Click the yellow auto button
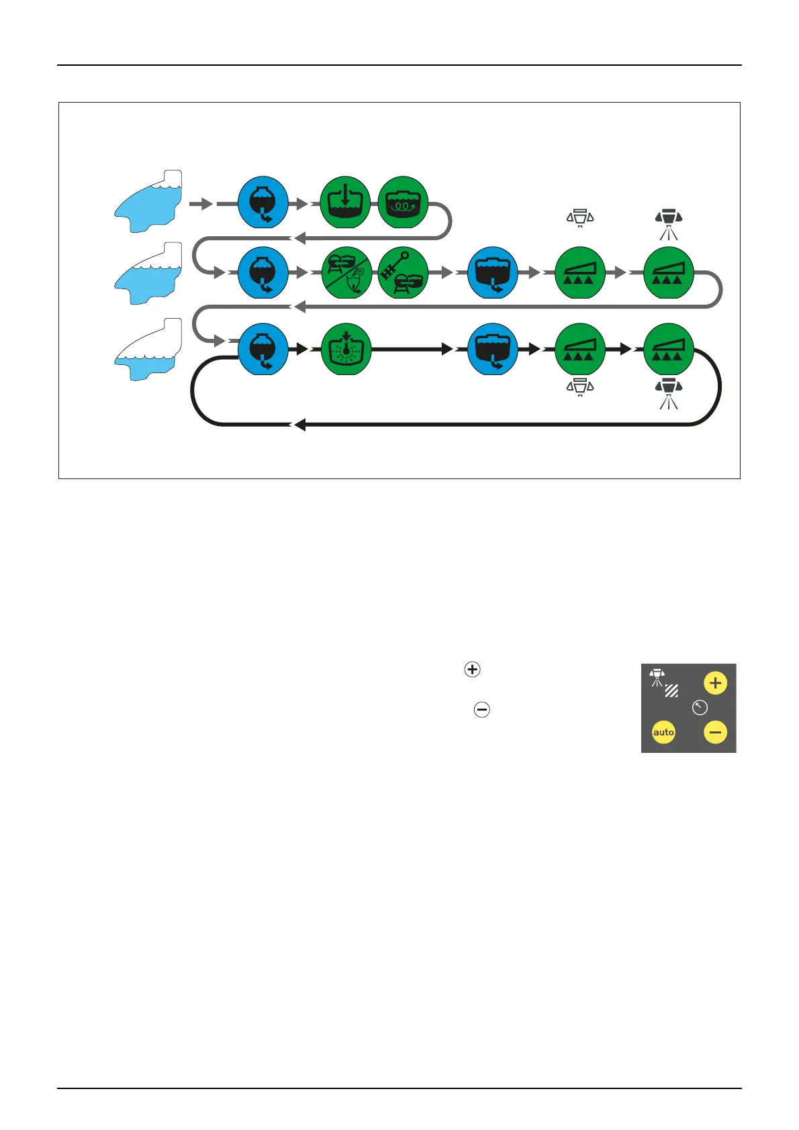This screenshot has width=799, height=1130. click(x=663, y=732)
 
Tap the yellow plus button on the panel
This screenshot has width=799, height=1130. click(x=715, y=683)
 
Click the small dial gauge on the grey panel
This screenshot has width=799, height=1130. click(x=700, y=707)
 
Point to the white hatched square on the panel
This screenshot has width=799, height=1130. click(x=671, y=690)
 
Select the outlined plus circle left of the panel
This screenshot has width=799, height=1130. click(x=473, y=670)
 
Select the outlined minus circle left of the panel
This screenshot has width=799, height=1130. click(x=481, y=709)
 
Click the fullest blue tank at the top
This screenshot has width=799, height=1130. click(x=148, y=201)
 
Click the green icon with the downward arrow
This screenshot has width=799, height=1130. click(x=345, y=203)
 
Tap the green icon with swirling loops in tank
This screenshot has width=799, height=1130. click(x=403, y=203)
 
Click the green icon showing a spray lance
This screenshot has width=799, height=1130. click(x=403, y=273)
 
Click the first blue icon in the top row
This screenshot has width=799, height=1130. click(x=263, y=203)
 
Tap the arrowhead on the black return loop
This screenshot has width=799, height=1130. click(x=299, y=425)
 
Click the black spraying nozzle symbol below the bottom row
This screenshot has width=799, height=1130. click(x=668, y=392)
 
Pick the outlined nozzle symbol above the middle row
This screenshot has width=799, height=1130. click(x=580, y=218)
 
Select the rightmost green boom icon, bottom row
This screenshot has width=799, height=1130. click(x=668, y=349)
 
